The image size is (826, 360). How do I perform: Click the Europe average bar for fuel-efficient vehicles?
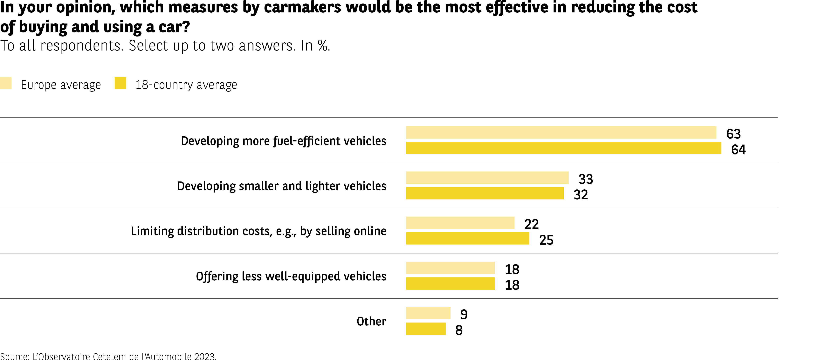pos(561,132)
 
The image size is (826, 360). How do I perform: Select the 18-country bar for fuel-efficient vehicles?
pos(563,148)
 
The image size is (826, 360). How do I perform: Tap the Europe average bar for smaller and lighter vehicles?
pos(487,178)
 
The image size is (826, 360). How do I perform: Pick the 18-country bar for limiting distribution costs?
pos(467,239)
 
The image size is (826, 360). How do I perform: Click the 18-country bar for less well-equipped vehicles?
pos(450,284)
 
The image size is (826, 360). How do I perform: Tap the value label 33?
pos(586,179)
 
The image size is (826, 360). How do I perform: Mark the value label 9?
pos(464,315)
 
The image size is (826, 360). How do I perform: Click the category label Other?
pos(371,321)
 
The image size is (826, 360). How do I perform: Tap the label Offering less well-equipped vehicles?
pos(291,276)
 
